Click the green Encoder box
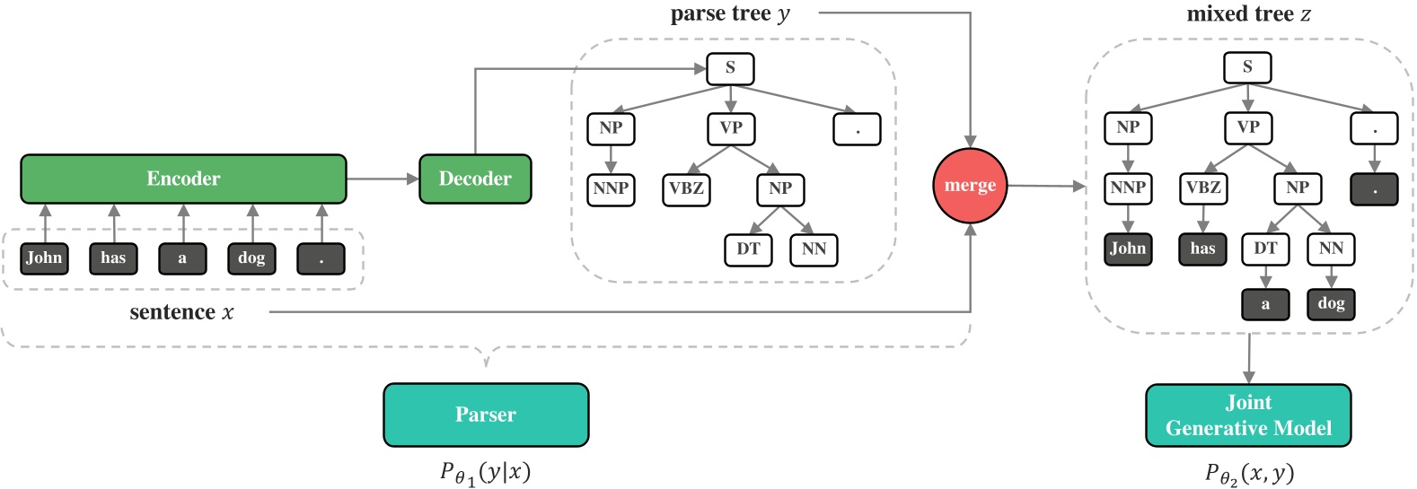click(x=183, y=179)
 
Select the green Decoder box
click(x=475, y=179)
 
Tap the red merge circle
click(x=970, y=186)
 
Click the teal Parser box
click(x=486, y=415)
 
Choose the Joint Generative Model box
click(x=1248, y=415)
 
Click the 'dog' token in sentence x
click(x=251, y=258)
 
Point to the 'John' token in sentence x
click(x=44, y=258)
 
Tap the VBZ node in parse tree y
click(x=687, y=188)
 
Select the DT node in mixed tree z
click(x=1265, y=249)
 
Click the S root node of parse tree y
click(x=730, y=68)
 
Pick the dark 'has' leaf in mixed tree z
click(x=1202, y=249)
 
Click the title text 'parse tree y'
click(x=730, y=14)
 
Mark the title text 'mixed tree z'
click(x=1248, y=14)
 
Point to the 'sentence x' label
click(x=181, y=312)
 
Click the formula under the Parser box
click(x=485, y=473)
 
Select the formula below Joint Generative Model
click(x=1249, y=473)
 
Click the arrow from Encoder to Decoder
click(x=383, y=179)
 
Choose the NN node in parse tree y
click(x=814, y=249)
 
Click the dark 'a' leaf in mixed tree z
click(x=1265, y=304)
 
